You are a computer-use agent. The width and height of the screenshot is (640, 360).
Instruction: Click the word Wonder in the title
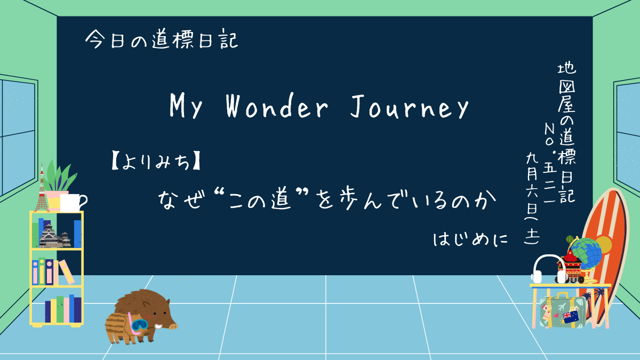click(x=277, y=106)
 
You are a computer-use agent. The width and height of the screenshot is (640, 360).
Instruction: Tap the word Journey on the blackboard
click(x=410, y=106)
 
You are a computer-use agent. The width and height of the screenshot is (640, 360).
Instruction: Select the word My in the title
click(x=186, y=106)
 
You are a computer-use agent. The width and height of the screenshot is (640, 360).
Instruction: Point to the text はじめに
click(x=470, y=239)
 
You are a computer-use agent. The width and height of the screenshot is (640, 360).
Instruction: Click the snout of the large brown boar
click(x=173, y=325)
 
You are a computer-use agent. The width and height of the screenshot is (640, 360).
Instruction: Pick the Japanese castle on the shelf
click(x=55, y=236)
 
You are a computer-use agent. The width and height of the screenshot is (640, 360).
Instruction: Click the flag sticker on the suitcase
click(x=571, y=317)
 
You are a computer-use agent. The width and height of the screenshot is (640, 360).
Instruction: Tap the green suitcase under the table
click(x=562, y=312)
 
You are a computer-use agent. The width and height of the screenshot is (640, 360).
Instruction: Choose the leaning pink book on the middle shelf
click(x=67, y=271)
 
